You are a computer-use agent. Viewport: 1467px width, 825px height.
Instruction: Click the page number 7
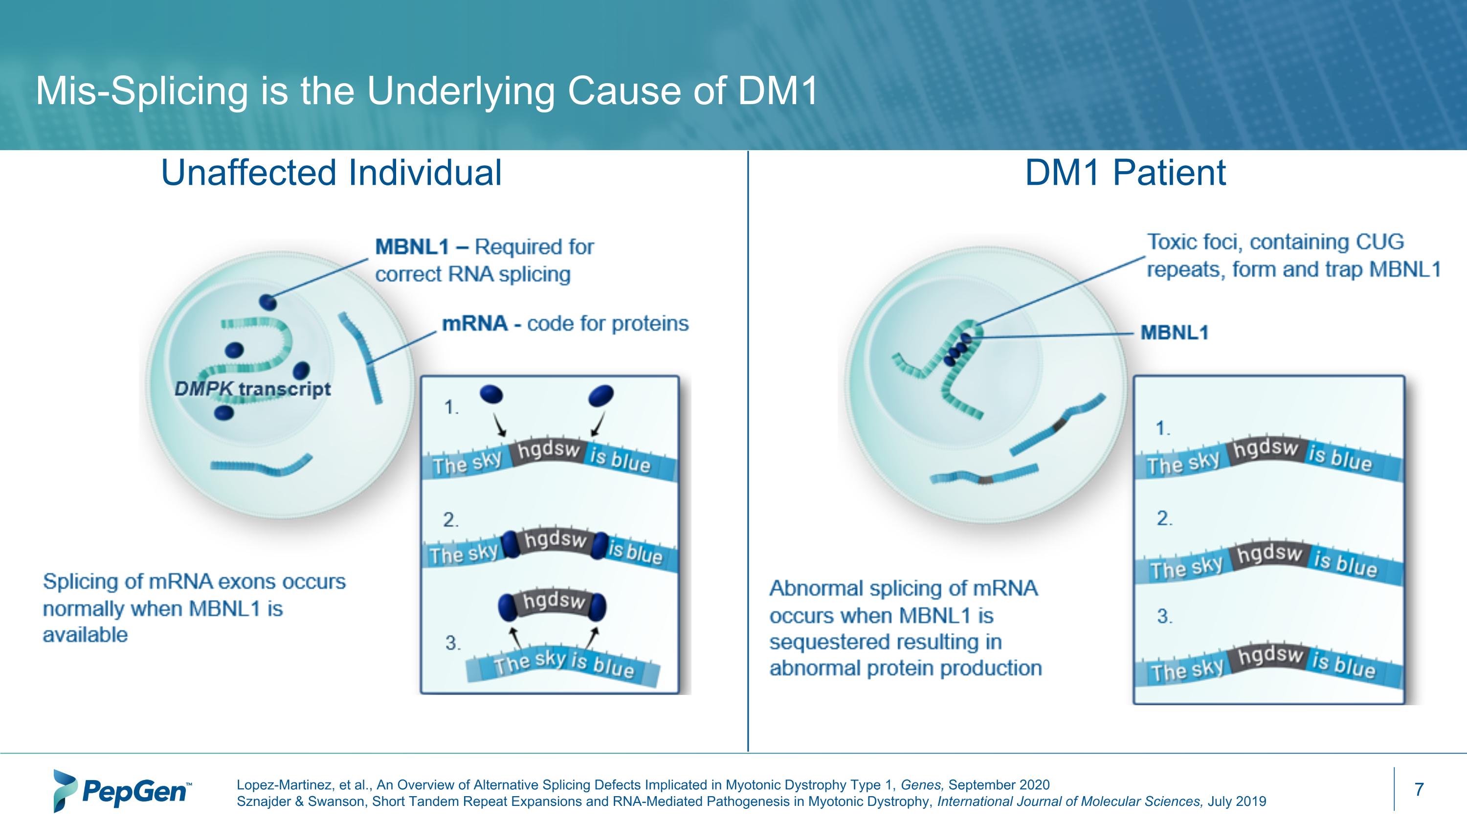coord(1419,789)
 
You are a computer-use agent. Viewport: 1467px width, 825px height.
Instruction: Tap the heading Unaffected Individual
coord(331,173)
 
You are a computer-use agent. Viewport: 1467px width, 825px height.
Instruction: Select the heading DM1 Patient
coord(1125,173)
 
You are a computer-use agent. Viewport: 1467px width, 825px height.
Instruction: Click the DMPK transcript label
coord(252,389)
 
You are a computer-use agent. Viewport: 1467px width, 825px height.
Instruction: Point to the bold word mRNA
coord(474,323)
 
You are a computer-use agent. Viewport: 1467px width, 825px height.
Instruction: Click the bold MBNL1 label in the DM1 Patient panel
coord(1174,333)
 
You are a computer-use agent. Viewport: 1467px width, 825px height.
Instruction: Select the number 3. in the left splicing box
coord(452,643)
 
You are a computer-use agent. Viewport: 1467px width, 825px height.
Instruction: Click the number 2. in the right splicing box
coord(1164,518)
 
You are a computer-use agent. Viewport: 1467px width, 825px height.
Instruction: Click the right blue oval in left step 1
coord(601,395)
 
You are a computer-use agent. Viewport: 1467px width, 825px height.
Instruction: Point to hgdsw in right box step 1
coord(1266,448)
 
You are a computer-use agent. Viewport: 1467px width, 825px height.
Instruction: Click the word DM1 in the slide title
coord(778,90)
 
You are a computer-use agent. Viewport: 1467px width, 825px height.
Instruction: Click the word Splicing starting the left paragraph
coord(79,581)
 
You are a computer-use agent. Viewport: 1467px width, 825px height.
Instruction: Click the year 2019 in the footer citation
coord(1251,801)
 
